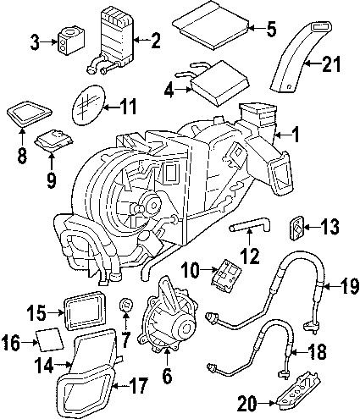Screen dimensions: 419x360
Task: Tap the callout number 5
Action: (x=271, y=30)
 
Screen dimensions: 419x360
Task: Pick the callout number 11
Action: (x=127, y=107)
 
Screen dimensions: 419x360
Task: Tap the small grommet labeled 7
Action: (x=126, y=303)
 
